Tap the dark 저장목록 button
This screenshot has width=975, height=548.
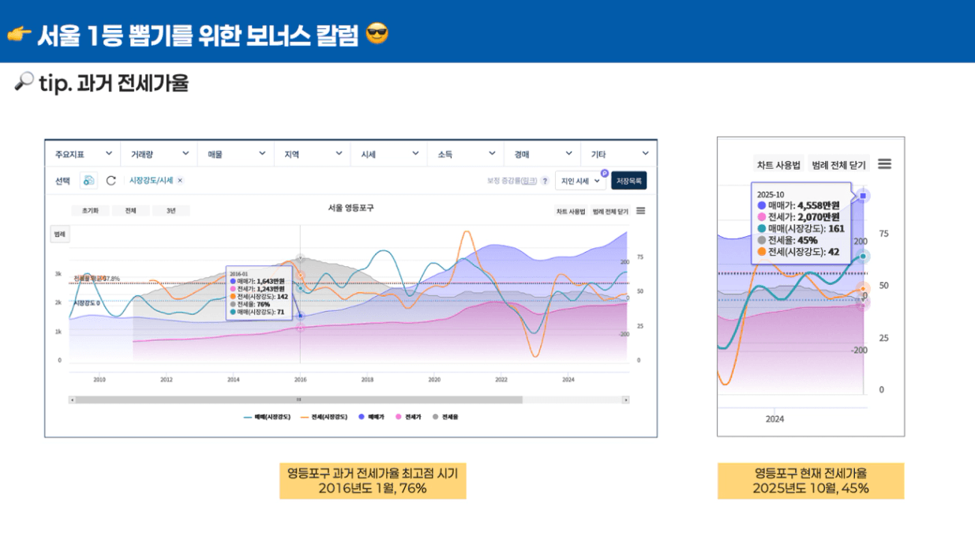[x=628, y=181]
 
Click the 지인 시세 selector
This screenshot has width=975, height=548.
[x=580, y=181]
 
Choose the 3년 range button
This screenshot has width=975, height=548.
[x=171, y=211]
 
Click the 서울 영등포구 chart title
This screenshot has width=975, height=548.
[x=351, y=208]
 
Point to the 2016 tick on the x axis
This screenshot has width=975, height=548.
[x=300, y=380]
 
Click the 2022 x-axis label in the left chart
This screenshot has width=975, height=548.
[x=501, y=380]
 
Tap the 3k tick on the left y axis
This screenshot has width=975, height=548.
[x=58, y=274]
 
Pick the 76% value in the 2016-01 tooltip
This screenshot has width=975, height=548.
[x=263, y=304]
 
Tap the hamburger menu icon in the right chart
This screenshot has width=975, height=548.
[x=885, y=163]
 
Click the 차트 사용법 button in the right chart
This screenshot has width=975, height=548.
[x=778, y=165]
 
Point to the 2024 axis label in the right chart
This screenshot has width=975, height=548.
[x=774, y=419]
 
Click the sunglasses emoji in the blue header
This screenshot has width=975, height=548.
[x=378, y=34]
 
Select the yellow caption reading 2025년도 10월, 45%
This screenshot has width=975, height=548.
[x=811, y=489]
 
